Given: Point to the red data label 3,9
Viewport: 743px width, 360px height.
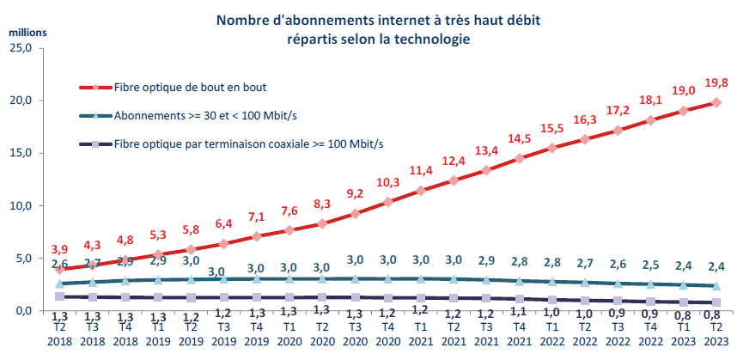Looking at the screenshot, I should pyautogui.click(x=59, y=249).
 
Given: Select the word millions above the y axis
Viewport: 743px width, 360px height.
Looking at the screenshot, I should pyautogui.click(x=27, y=32).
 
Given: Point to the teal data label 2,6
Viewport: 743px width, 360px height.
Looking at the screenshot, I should pyautogui.click(x=59, y=264).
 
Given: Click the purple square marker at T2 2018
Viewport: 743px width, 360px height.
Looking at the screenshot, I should pyautogui.click(x=59, y=296).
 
